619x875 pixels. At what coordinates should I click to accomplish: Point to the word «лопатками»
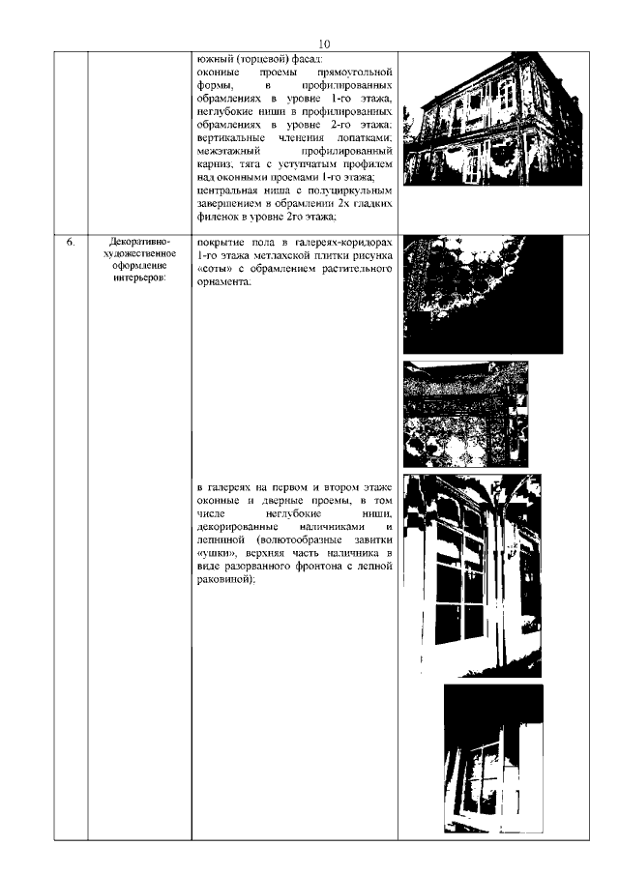[x=367, y=138]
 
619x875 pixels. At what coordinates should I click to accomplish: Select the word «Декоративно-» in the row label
[x=139, y=243]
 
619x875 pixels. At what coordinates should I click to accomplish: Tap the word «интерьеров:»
[x=139, y=277]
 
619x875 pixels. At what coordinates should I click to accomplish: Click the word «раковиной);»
[x=225, y=580]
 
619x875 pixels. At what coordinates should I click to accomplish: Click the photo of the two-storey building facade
[x=492, y=120]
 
